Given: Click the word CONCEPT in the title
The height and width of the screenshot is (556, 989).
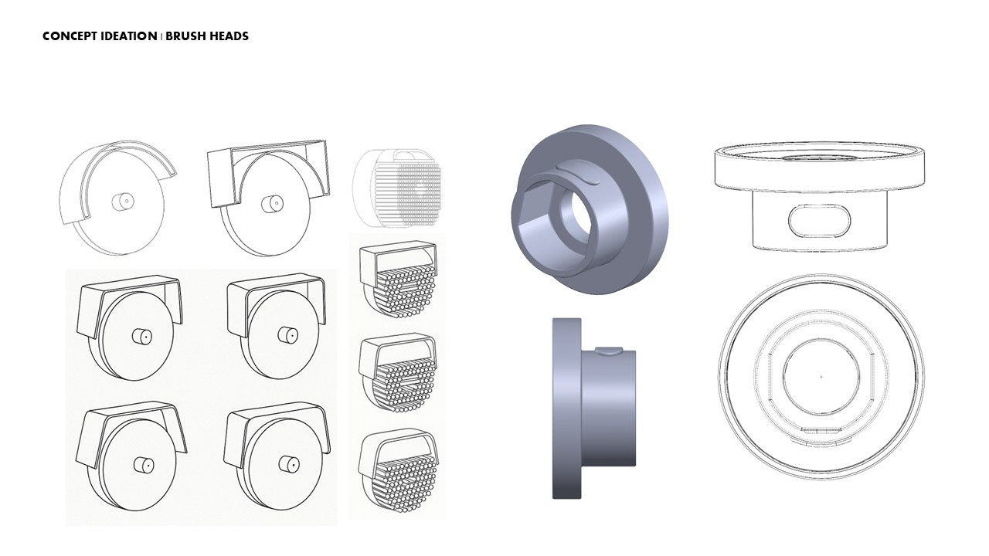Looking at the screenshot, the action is coord(70,36).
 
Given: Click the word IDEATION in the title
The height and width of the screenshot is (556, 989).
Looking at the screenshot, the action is coord(129,36).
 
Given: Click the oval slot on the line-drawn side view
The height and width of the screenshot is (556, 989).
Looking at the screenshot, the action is coord(820,219).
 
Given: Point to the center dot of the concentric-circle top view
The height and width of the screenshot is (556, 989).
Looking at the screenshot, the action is coord(821,376).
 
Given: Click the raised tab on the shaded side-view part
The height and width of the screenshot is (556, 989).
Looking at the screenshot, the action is coord(609,351).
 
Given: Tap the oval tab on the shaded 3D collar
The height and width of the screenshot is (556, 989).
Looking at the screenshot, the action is coord(577,172).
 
